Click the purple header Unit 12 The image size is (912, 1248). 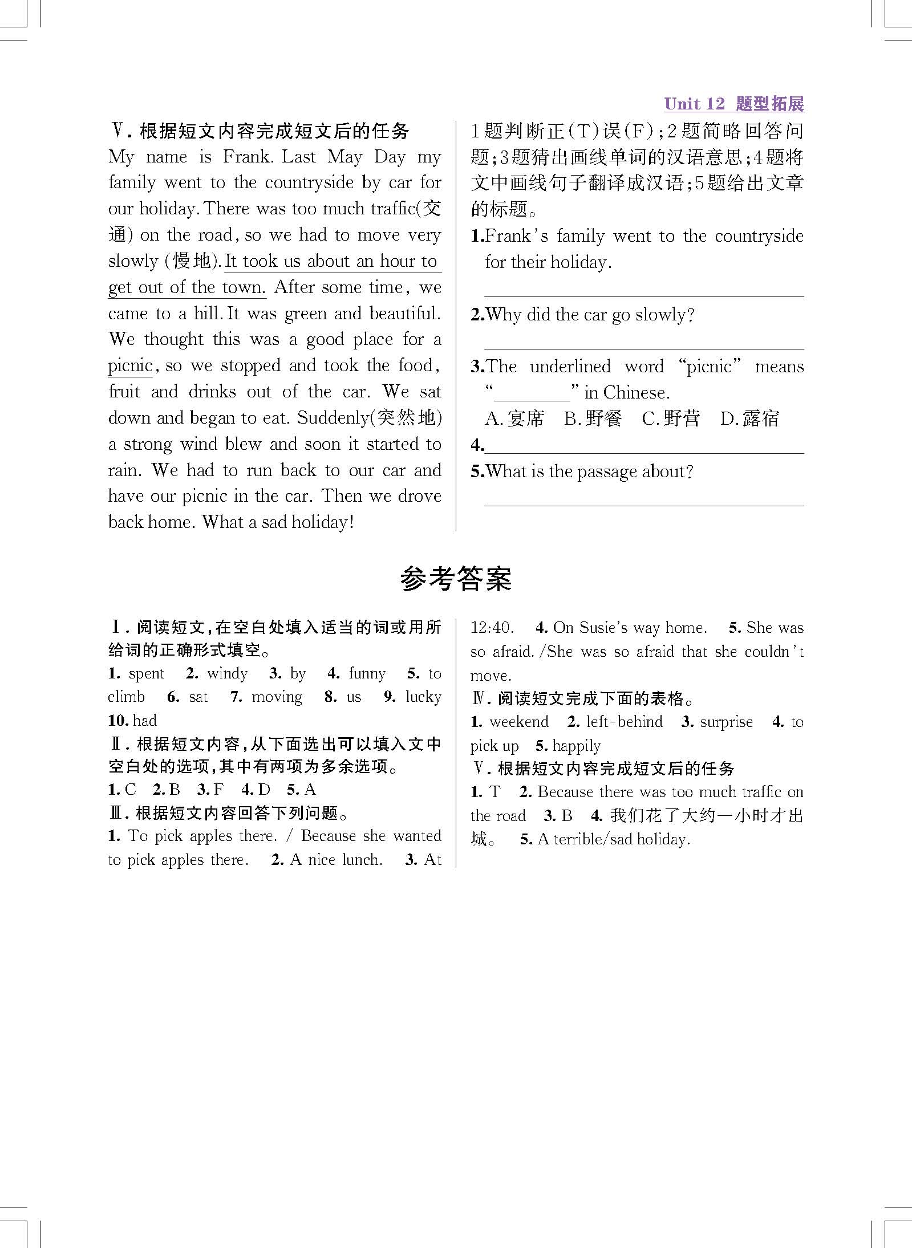coord(694,104)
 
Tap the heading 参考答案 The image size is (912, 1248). coord(456,579)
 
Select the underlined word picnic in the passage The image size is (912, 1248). coord(130,365)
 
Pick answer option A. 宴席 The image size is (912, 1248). coord(514,419)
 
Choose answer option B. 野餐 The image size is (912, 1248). coord(593,419)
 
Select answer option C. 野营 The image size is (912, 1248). coord(671,419)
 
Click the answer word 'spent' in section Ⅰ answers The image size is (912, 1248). coord(147,674)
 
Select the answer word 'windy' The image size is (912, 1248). coord(227,674)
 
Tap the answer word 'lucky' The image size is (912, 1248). coord(423,697)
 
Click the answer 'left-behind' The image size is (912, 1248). coord(624,722)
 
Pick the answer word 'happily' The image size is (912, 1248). coord(576,746)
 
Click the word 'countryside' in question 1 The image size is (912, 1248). coord(759,236)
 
